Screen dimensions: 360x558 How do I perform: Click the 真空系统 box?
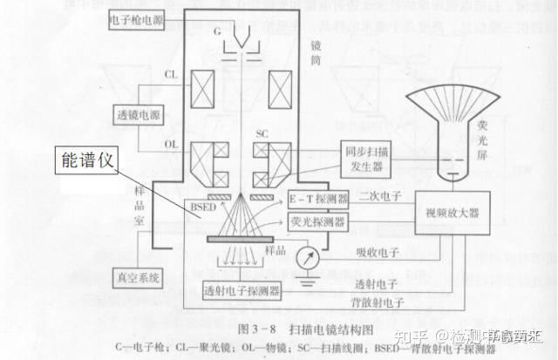139,278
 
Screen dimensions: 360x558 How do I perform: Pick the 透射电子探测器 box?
242,289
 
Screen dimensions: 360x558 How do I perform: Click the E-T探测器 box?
318,200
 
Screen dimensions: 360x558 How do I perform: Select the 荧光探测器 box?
318,222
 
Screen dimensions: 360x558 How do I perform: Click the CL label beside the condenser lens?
171,76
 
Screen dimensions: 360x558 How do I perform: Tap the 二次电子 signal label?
378,198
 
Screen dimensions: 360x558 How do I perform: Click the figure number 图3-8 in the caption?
252,330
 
